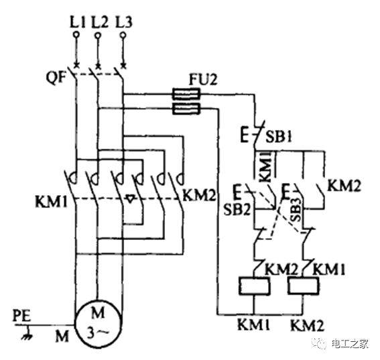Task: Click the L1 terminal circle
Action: (76, 35)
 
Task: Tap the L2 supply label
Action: (100, 22)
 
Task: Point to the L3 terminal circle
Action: (123, 35)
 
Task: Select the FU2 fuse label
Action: (203, 79)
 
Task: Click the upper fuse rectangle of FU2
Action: (186, 94)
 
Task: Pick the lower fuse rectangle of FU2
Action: (186, 109)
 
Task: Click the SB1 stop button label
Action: (279, 137)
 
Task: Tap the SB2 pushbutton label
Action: (237, 209)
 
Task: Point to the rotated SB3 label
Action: (296, 210)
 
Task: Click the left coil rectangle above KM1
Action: (254, 286)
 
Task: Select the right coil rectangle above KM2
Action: (303, 286)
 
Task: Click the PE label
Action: (22, 316)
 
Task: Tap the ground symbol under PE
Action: (27, 334)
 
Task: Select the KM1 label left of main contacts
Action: (51, 202)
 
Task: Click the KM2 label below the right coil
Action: (307, 326)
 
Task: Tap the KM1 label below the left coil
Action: (254, 324)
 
